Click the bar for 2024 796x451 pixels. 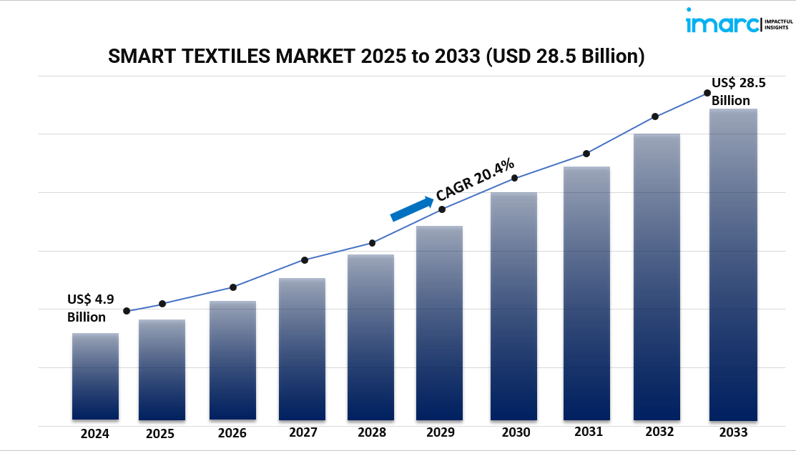95,376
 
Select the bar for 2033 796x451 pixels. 733,264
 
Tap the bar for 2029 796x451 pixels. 439,322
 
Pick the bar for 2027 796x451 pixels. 302,349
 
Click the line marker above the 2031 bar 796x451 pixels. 586,154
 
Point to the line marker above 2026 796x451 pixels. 233,287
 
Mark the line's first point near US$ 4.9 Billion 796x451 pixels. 127,311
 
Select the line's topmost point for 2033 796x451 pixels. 707,92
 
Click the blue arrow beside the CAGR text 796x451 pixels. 412,209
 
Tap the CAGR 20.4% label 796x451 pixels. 475,179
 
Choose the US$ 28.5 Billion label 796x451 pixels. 738,91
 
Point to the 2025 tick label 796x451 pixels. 160,433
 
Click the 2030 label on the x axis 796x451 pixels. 516,432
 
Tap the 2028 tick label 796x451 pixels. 372,432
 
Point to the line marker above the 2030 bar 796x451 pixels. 514,178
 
